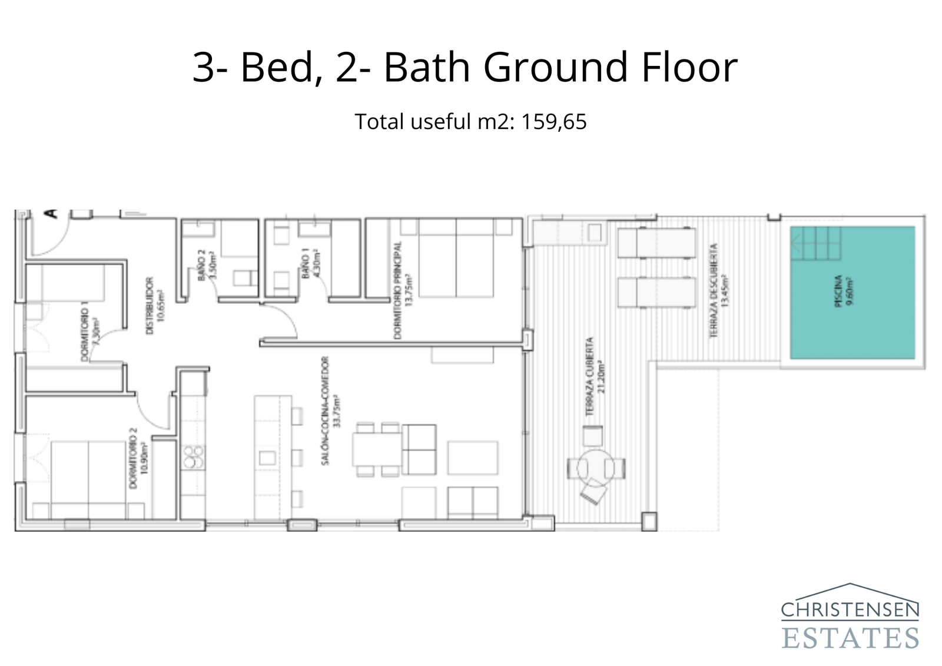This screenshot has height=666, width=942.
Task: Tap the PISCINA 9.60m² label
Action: click(843, 293)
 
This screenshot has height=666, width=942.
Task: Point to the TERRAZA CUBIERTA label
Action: click(594, 377)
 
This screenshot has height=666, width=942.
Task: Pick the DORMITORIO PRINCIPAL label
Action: click(401, 290)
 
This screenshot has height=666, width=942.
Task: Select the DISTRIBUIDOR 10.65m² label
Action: click(154, 306)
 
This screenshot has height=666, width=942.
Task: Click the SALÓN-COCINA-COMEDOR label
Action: click(330, 411)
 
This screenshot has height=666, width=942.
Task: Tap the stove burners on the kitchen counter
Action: click(193, 458)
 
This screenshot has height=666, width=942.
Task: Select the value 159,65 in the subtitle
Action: click(553, 122)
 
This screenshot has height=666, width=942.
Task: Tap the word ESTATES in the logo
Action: click(850, 638)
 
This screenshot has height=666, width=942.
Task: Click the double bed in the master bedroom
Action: click(456, 258)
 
